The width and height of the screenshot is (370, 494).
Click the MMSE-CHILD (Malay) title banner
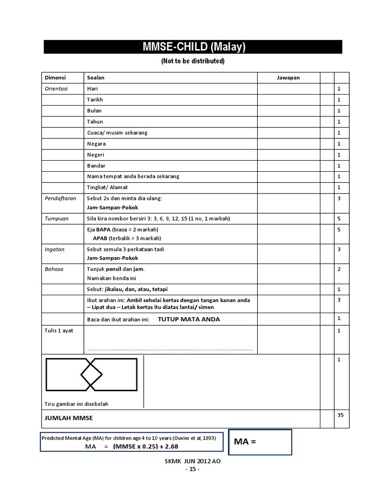pos(193,47)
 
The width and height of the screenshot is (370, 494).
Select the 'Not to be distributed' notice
pos(193,61)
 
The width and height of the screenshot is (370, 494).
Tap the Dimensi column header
pos(55,78)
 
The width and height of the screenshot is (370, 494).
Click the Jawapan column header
pos(288,78)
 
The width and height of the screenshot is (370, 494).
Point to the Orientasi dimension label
pos(56,89)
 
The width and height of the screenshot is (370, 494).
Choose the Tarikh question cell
pos(95,100)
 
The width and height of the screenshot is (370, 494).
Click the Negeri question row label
pos(95,155)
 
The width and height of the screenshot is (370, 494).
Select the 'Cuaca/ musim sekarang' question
pos(117,133)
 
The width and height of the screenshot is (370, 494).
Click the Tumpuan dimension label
pos(57,219)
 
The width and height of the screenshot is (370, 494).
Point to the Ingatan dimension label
pos(54,249)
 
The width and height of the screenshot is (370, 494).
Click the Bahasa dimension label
pos(54,269)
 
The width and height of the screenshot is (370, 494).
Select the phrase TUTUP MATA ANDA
pos(189,319)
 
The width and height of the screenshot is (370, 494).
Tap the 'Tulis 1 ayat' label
pos(59,330)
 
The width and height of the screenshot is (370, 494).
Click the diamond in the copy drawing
pos(91,374)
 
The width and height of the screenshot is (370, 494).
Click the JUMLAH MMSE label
pos(69,418)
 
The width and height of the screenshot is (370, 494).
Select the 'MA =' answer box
pos(260,441)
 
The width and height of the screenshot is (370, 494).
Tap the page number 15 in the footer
pos(192,469)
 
